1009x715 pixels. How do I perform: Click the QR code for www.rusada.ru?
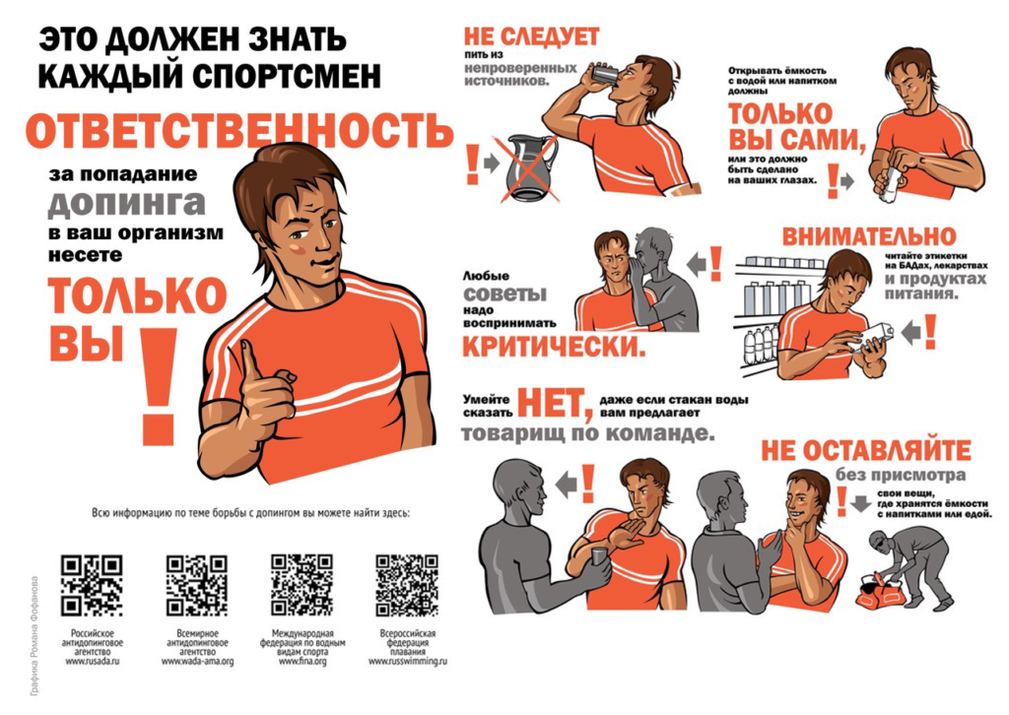coord(92,585)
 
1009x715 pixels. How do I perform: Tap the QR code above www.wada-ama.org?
coord(197,585)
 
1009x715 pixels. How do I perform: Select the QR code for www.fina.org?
coord(302,585)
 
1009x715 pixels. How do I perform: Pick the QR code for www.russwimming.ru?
coord(407,585)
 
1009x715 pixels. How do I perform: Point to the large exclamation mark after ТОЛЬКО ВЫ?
coord(158,384)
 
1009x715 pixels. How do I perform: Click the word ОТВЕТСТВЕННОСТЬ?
coord(239,132)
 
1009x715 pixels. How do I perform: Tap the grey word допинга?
coord(127,203)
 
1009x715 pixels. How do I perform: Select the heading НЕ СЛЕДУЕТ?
coord(531,37)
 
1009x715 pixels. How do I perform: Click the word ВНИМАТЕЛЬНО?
coord(868,236)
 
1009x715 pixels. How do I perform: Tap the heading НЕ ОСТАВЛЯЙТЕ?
coord(865,450)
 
